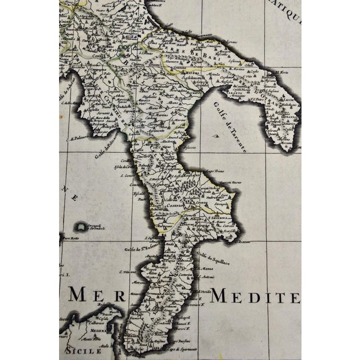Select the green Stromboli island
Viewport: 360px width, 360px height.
click(x=83, y=227)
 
